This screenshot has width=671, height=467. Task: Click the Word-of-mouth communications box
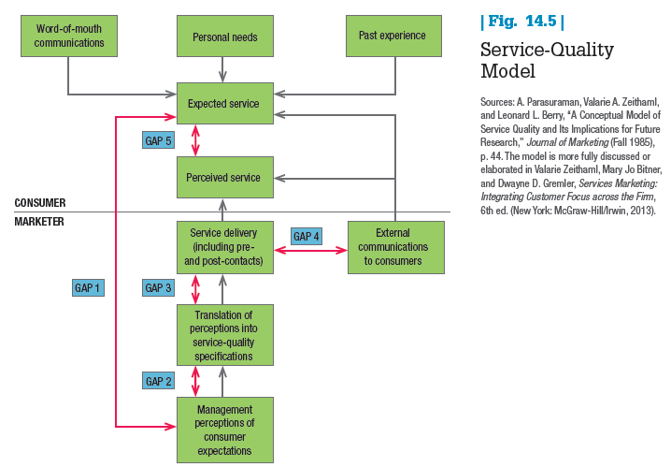69,36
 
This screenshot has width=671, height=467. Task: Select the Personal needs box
224,36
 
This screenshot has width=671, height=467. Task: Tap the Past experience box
393,36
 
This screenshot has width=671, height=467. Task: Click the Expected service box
224,104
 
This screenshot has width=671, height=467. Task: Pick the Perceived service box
224,177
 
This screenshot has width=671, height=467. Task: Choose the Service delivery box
224,247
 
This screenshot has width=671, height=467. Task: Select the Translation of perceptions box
224,334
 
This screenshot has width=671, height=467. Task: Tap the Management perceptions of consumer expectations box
224,430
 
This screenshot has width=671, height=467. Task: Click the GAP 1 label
88,288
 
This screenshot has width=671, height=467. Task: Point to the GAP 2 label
159,381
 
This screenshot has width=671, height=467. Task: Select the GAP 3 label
159,288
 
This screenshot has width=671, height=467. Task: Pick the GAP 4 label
307,237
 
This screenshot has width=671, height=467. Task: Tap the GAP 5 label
159,140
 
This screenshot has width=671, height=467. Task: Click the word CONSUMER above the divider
40,203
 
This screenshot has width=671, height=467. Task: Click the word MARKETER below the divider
38,222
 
